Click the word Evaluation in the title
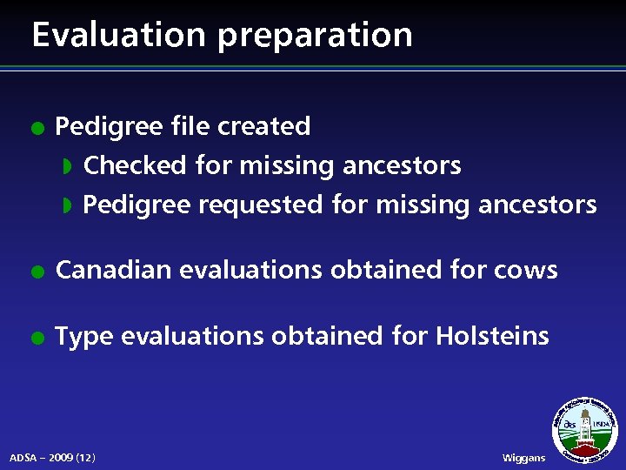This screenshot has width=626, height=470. click(x=118, y=35)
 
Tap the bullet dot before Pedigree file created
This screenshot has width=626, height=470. click(x=35, y=127)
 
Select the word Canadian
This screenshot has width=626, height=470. click(x=113, y=270)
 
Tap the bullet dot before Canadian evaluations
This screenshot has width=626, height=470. click(x=35, y=271)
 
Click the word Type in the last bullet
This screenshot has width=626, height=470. click(x=83, y=336)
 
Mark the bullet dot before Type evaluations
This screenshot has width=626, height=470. click(x=35, y=337)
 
